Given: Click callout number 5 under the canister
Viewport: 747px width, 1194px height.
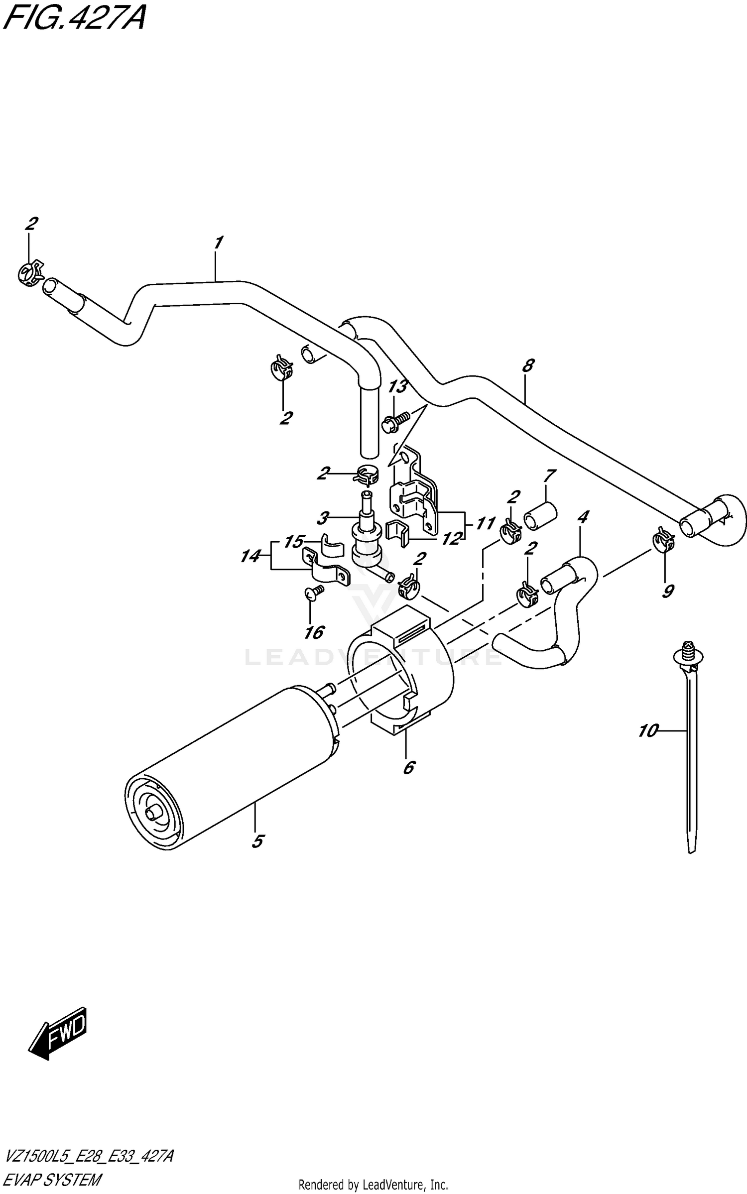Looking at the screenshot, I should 257,841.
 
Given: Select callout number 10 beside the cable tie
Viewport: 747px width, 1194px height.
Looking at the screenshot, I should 648,731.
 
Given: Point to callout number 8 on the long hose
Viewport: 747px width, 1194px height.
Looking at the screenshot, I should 528,365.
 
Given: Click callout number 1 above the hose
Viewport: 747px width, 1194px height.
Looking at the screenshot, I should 218,242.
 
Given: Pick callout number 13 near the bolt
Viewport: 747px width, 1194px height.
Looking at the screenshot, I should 398,386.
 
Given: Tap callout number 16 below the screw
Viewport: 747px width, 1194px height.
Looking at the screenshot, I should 314,632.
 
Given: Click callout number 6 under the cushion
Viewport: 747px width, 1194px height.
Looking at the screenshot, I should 408,767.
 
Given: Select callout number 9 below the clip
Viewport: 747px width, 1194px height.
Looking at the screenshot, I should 668,591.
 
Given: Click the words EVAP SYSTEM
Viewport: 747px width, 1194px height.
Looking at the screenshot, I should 52,1179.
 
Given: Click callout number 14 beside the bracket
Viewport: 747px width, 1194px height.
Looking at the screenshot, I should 250,556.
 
